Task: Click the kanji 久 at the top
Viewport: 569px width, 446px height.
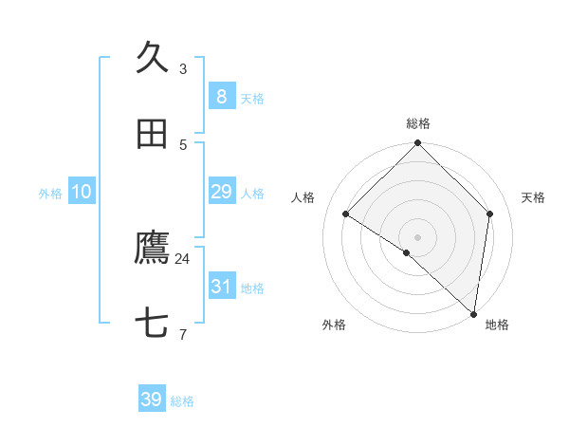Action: tap(153, 57)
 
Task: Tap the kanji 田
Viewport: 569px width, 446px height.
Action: tap(153, 135)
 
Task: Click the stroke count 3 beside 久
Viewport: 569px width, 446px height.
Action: tap(183, 68)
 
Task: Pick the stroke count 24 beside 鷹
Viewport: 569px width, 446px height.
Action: tap(183, 258)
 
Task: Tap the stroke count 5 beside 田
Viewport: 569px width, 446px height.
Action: tap(183, 144)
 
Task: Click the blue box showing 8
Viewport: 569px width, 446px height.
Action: tap(221, 97)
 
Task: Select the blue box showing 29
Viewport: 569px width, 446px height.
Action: tap(221, 192)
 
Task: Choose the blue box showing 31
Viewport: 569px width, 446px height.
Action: tap(221, 287)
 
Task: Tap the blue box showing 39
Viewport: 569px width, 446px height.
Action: tap(152, 400)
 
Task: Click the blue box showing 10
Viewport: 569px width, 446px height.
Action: tap(82, 192)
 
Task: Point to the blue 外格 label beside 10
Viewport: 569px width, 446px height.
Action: tap(50, 194)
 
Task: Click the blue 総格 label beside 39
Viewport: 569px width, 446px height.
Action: tap(182, 401)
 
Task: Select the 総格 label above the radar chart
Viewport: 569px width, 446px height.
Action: tap(418, 123)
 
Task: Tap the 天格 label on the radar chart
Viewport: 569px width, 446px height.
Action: tap(534, 197)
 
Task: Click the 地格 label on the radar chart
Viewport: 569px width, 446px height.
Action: tap(497, 325)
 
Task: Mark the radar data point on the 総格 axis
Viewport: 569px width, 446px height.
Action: tap(418, 144)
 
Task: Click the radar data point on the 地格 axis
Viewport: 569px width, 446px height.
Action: tap(473, 313)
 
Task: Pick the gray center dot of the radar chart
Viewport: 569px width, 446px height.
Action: tap(418, 236)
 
